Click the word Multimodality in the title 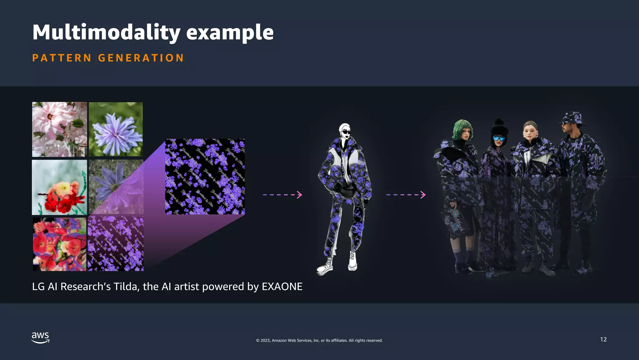[106, 32]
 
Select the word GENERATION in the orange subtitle [141, 58]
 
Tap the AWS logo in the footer [40, 338]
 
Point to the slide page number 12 [603, 339]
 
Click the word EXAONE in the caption [282, 287]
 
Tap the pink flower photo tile [59, 129]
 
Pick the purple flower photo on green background [116, 129]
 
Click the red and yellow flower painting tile [59, 187]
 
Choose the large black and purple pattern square [205, 177]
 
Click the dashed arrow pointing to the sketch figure [282, 195]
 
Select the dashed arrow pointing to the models [406, 195]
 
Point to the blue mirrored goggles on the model [499, 138]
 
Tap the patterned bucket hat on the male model [573, 118]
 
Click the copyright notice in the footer [319, 340]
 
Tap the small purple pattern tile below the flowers [116, 243]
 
